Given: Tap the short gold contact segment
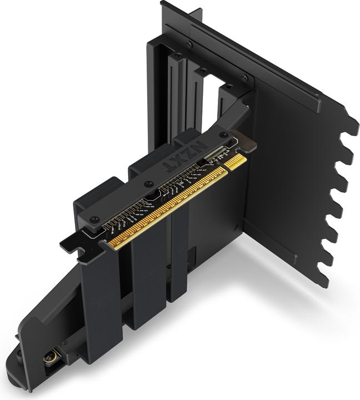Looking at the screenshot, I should coord(236,162).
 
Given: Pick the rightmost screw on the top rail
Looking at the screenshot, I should coord(244,78).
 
